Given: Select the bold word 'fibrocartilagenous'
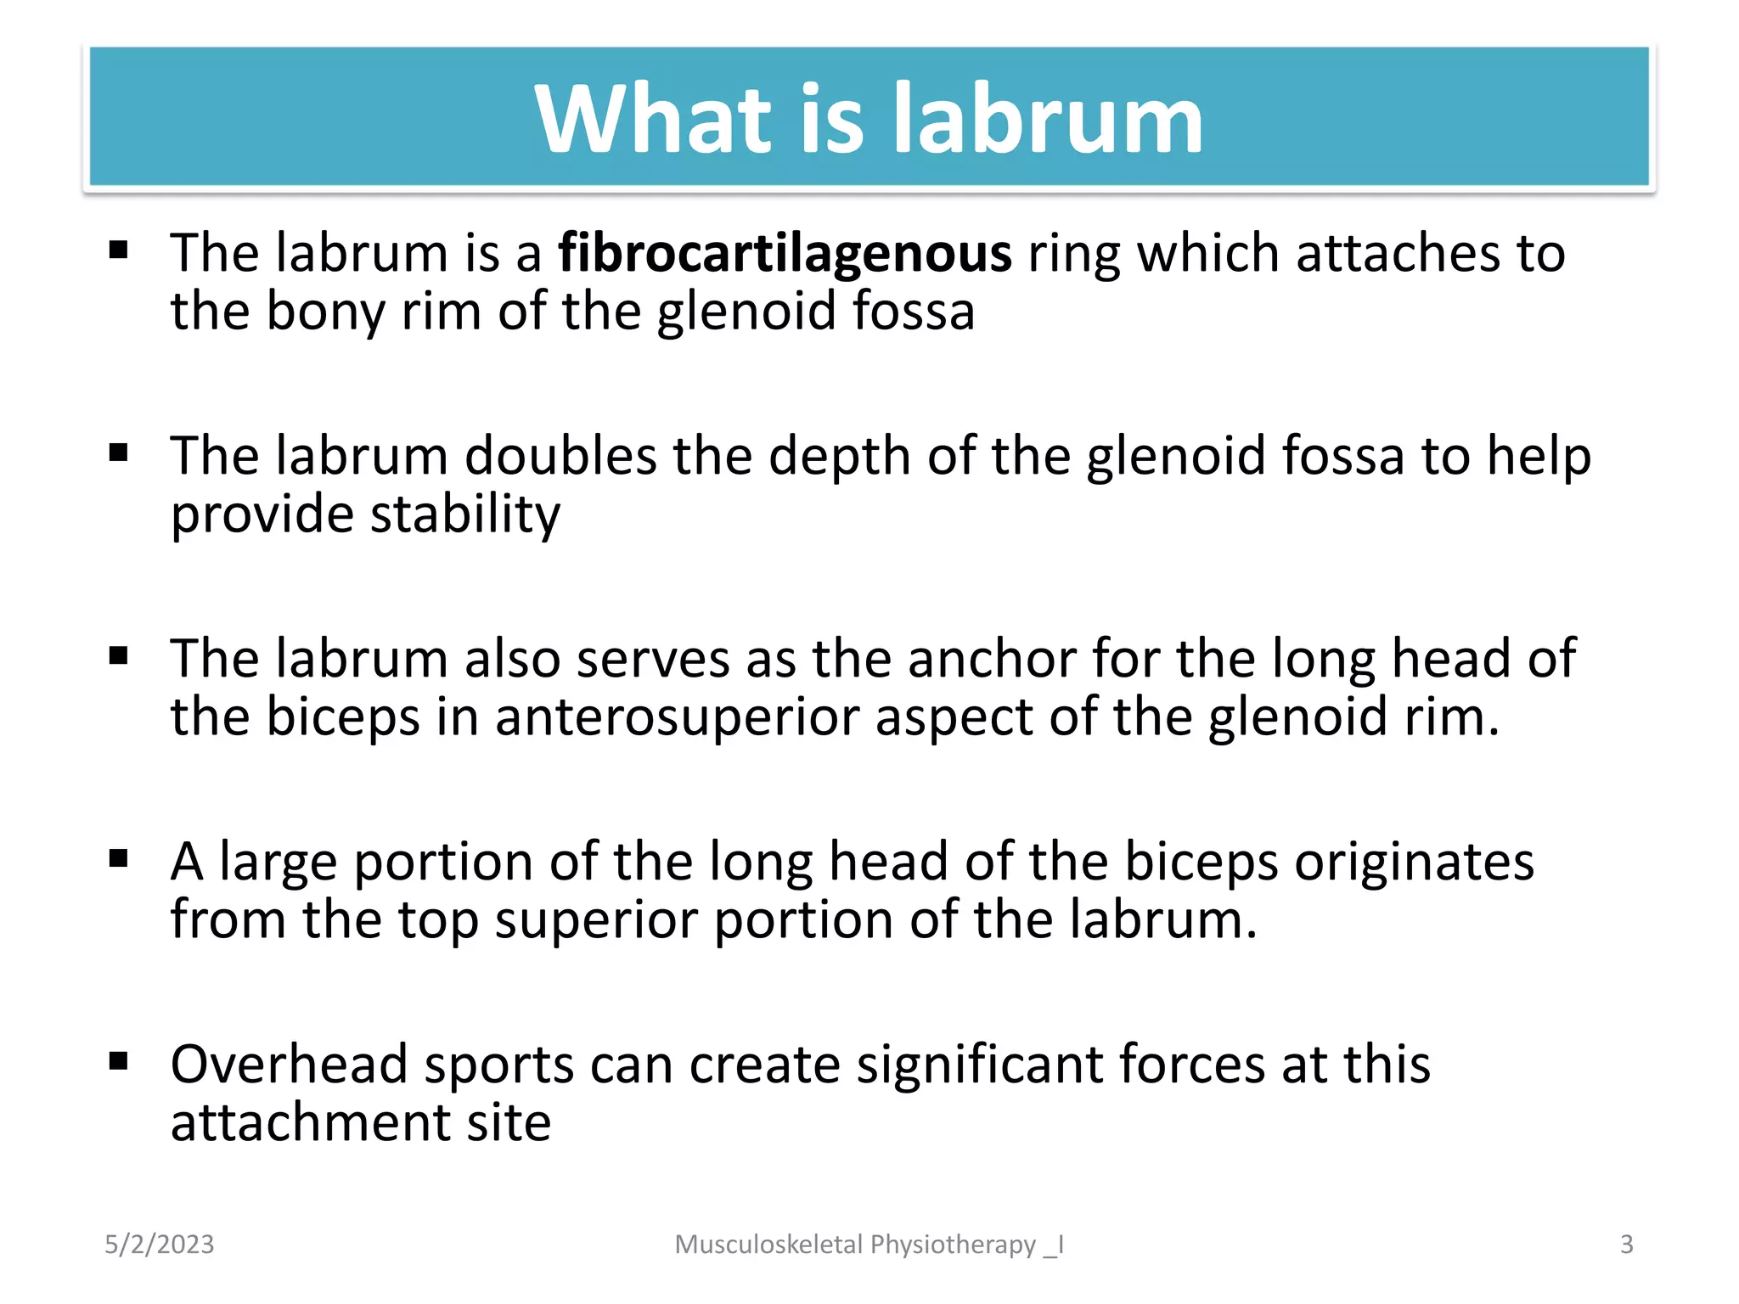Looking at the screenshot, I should (x=785, y=253).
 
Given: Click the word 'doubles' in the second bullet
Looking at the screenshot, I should (x=560, y=456).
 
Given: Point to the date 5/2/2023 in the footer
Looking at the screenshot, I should (x=160, y=1245).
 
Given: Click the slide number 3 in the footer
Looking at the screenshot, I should (x=1626, y=1245).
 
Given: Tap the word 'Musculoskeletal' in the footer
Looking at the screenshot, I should (x=768, y=1245).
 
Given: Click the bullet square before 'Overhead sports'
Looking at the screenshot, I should (x=118, y=1061).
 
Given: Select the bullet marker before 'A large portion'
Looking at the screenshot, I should (x=118, y=858).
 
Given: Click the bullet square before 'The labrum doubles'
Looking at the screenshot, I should (x=118, y=452).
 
